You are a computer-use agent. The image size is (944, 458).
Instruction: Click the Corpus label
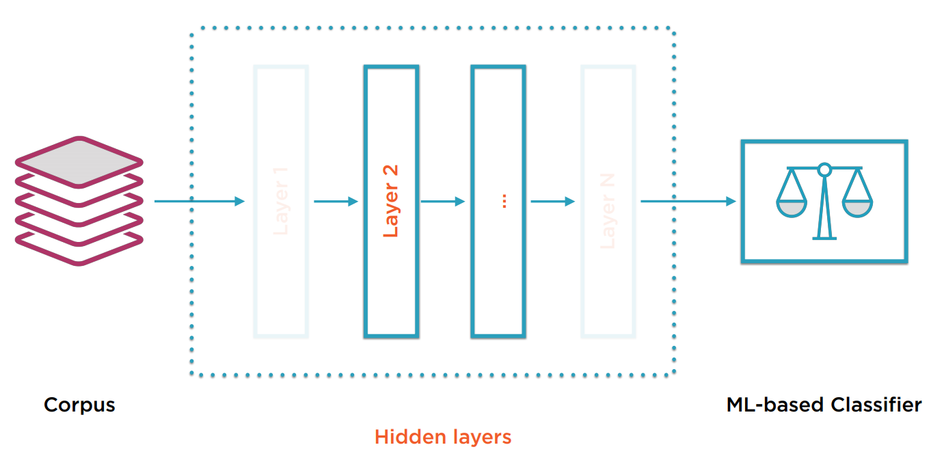coord(79,405)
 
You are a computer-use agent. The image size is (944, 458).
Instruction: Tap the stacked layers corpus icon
coord(79,201)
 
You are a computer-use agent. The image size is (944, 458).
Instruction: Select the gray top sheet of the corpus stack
coord(79,161)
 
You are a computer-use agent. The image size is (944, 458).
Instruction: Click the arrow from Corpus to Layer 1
coord(199,201)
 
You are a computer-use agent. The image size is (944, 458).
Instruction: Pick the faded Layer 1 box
coord(281,201)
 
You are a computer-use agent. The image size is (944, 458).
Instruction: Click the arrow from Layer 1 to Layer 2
coord(336,201)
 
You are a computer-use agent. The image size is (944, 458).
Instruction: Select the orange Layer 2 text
coord(391,201)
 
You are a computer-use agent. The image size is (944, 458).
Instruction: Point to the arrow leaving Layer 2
coord(442,201)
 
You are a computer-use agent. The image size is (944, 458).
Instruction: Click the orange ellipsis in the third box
coord(504,201)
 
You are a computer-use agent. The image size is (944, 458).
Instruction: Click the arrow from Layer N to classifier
coord(688,201)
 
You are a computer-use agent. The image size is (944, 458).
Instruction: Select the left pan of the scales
coord(792,207)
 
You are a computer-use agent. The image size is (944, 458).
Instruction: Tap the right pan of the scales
coord(857,207)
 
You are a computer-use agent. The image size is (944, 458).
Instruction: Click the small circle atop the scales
coord(824,168)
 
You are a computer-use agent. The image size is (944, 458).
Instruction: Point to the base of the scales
coord(824,238)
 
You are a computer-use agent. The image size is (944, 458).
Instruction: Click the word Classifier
coord(876,405)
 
